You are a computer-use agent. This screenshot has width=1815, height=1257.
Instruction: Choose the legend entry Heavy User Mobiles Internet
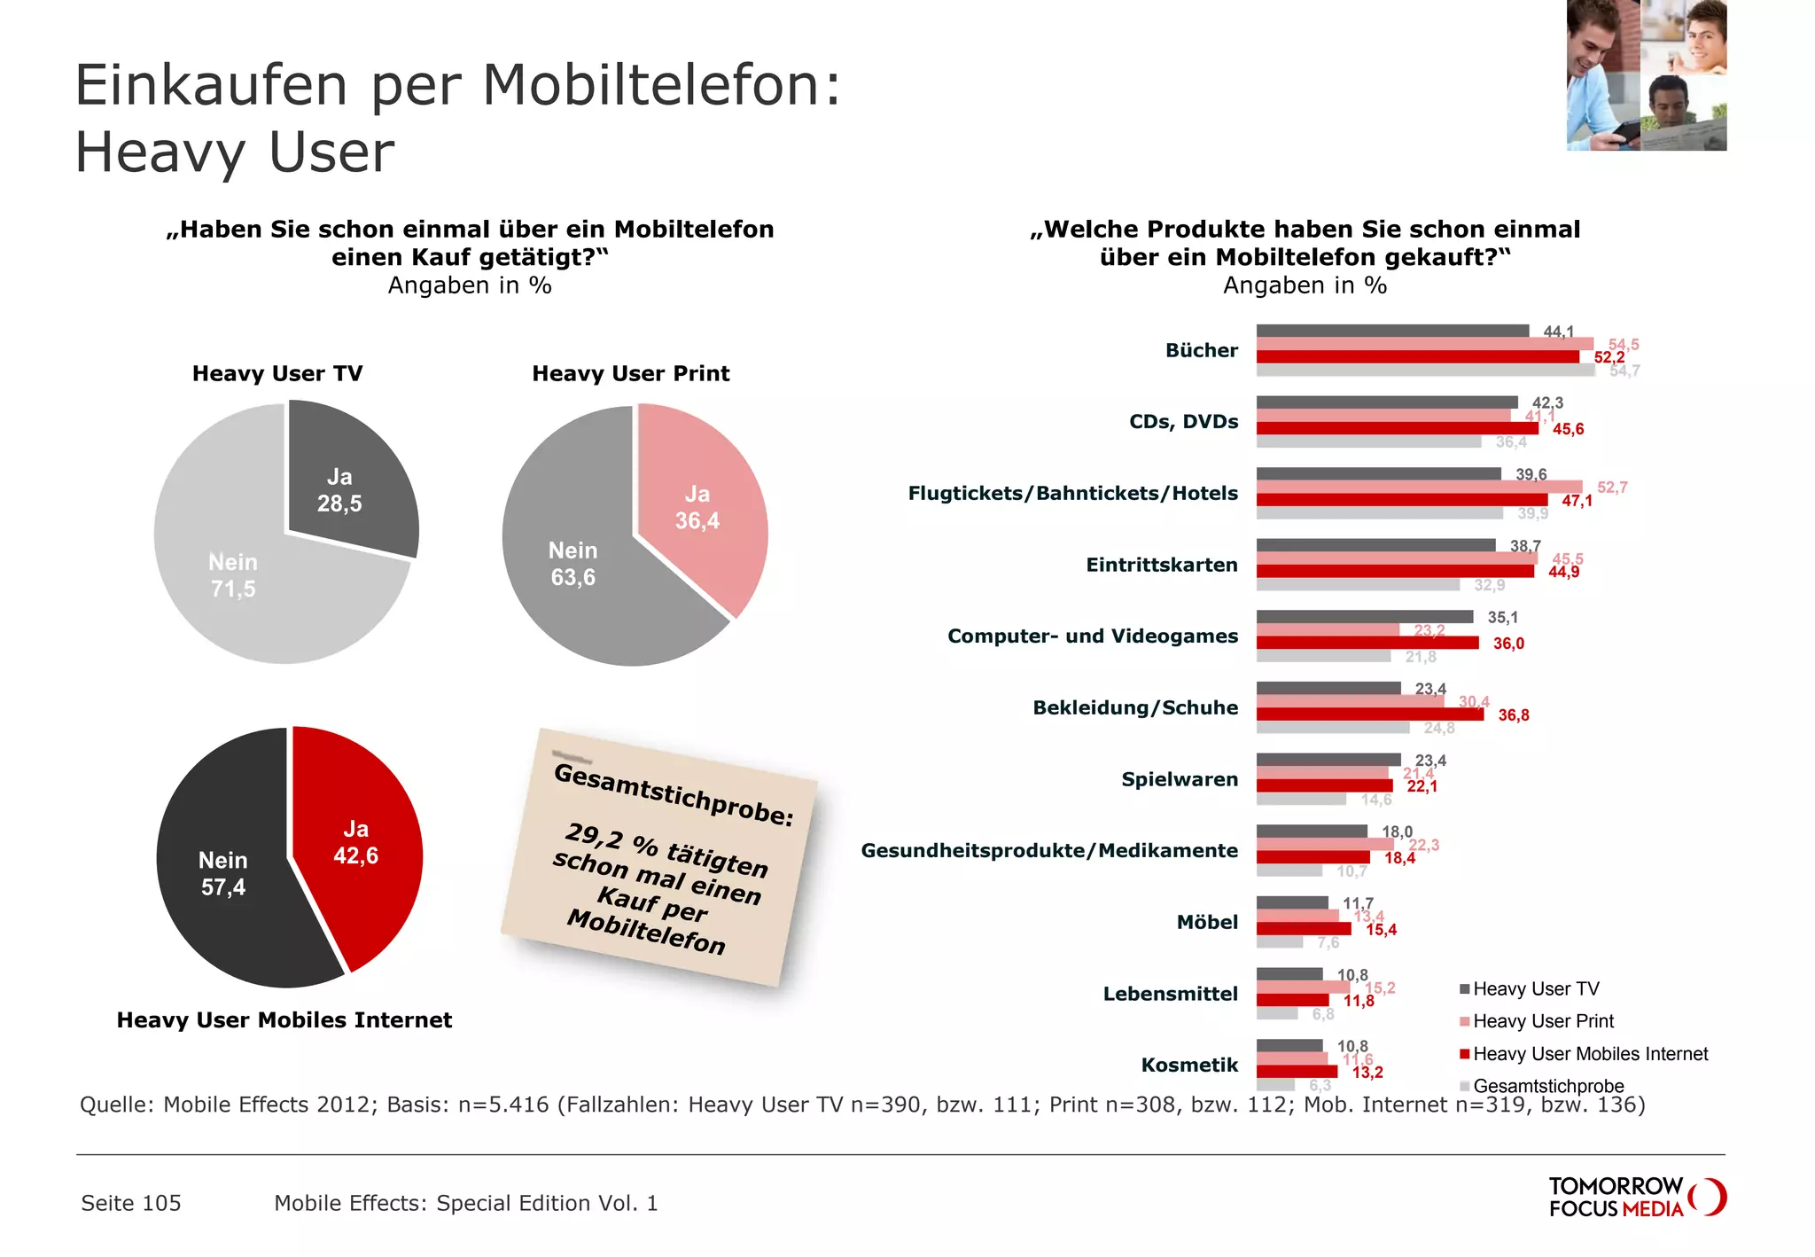(1590, 1054)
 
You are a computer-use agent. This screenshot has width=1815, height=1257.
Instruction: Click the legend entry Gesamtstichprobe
(1547, 1086)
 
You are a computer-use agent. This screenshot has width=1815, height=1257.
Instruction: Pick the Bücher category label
(1201, 350)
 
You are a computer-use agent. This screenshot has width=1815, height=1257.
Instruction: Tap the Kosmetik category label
(1188, 1065)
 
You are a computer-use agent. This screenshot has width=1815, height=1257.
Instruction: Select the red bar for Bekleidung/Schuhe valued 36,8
(1369, 714)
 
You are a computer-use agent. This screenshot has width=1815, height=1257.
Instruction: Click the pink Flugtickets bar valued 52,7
(1418, 487)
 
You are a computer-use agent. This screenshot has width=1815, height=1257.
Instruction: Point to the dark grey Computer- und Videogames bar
(1365, 616)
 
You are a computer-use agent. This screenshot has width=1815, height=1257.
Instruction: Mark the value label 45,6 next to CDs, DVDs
(1568, 429)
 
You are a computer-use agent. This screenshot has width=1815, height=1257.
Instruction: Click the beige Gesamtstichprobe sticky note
(660, 855)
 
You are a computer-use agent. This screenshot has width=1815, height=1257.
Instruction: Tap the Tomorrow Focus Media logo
(1635, 1197)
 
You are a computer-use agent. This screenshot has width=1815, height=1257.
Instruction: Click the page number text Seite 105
(131, 1203)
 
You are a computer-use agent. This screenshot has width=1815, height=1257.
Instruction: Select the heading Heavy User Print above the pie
(630, 373)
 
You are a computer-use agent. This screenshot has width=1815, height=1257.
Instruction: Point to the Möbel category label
(1206, 922)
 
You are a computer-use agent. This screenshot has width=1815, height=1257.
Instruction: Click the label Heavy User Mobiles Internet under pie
(284, 1019)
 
